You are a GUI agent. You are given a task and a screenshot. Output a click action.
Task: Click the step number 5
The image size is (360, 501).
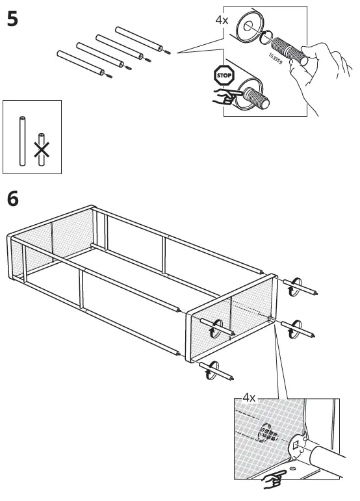tap(12, 19)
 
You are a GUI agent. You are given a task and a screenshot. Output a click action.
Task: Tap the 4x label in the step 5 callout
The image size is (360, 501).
tap(222, 19)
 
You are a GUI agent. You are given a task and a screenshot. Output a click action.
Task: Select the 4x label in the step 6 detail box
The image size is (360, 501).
tap(249, 397)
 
